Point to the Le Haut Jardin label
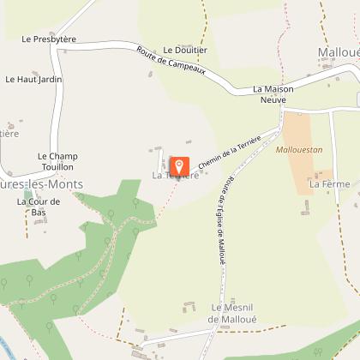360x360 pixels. coord(33,79)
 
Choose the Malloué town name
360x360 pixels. coord(338,52)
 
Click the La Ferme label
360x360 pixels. coord(326,183)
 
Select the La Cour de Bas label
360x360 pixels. coord(39,207)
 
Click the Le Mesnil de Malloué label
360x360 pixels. coord(234,313)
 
